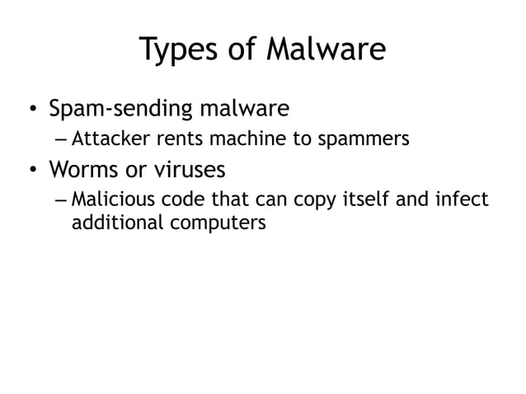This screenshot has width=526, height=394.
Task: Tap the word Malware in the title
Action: [x=326, y=49]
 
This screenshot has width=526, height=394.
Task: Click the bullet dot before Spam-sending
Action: [x=31, y=110]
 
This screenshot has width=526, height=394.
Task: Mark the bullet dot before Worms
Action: [x=31, y=171]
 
